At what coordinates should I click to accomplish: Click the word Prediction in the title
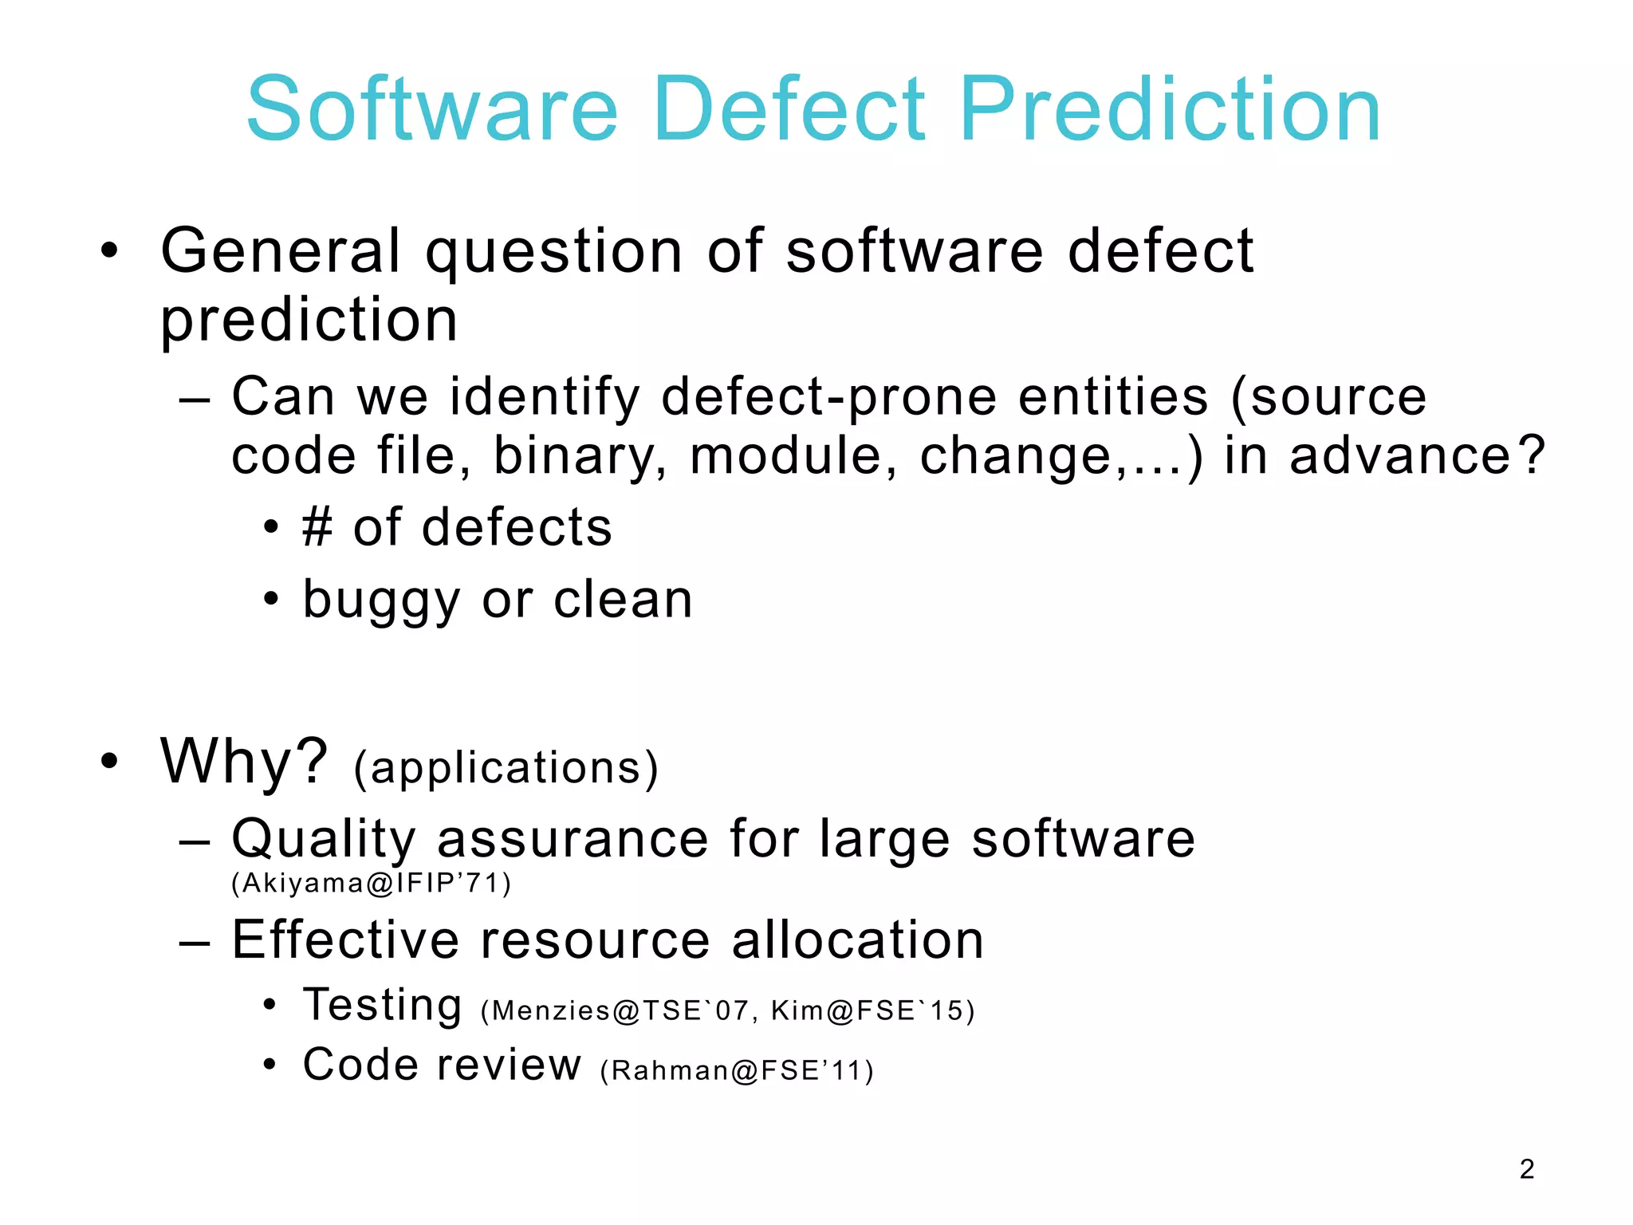pyautogui.click(x=1170, y=109)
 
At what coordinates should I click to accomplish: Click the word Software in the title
pyautogui.click(x=432, y=109)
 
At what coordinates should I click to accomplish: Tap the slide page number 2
pyautogui.click(x=1526, y=1168)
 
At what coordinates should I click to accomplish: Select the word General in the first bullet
pyautogui.click(x=281, y=251)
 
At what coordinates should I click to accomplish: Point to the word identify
pyautogui.click(x=545, y=397)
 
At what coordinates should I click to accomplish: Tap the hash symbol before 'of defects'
pyautogui.click(x=317, y=528)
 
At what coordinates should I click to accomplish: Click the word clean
pyautogui.click(x=623, y=600)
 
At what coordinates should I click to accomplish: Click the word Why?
pyautogui.click(x=244, y=761)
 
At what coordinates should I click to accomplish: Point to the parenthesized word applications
pyautogui.click(x=506, y=768)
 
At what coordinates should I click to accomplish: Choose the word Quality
pyautogui.click(x=324, y=840)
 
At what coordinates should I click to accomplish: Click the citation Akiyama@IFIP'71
pyautogui.click(x=371, y=883)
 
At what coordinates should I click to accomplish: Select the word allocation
pyautogui.click(x=858, y=939)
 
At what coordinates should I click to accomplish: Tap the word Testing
pyautogui.click(x=383, y=1005)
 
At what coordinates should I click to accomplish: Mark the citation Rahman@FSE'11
pyautogui.click(x=737, y=1070)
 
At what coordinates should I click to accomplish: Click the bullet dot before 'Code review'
pyautogui.click(x=270, y=1064)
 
